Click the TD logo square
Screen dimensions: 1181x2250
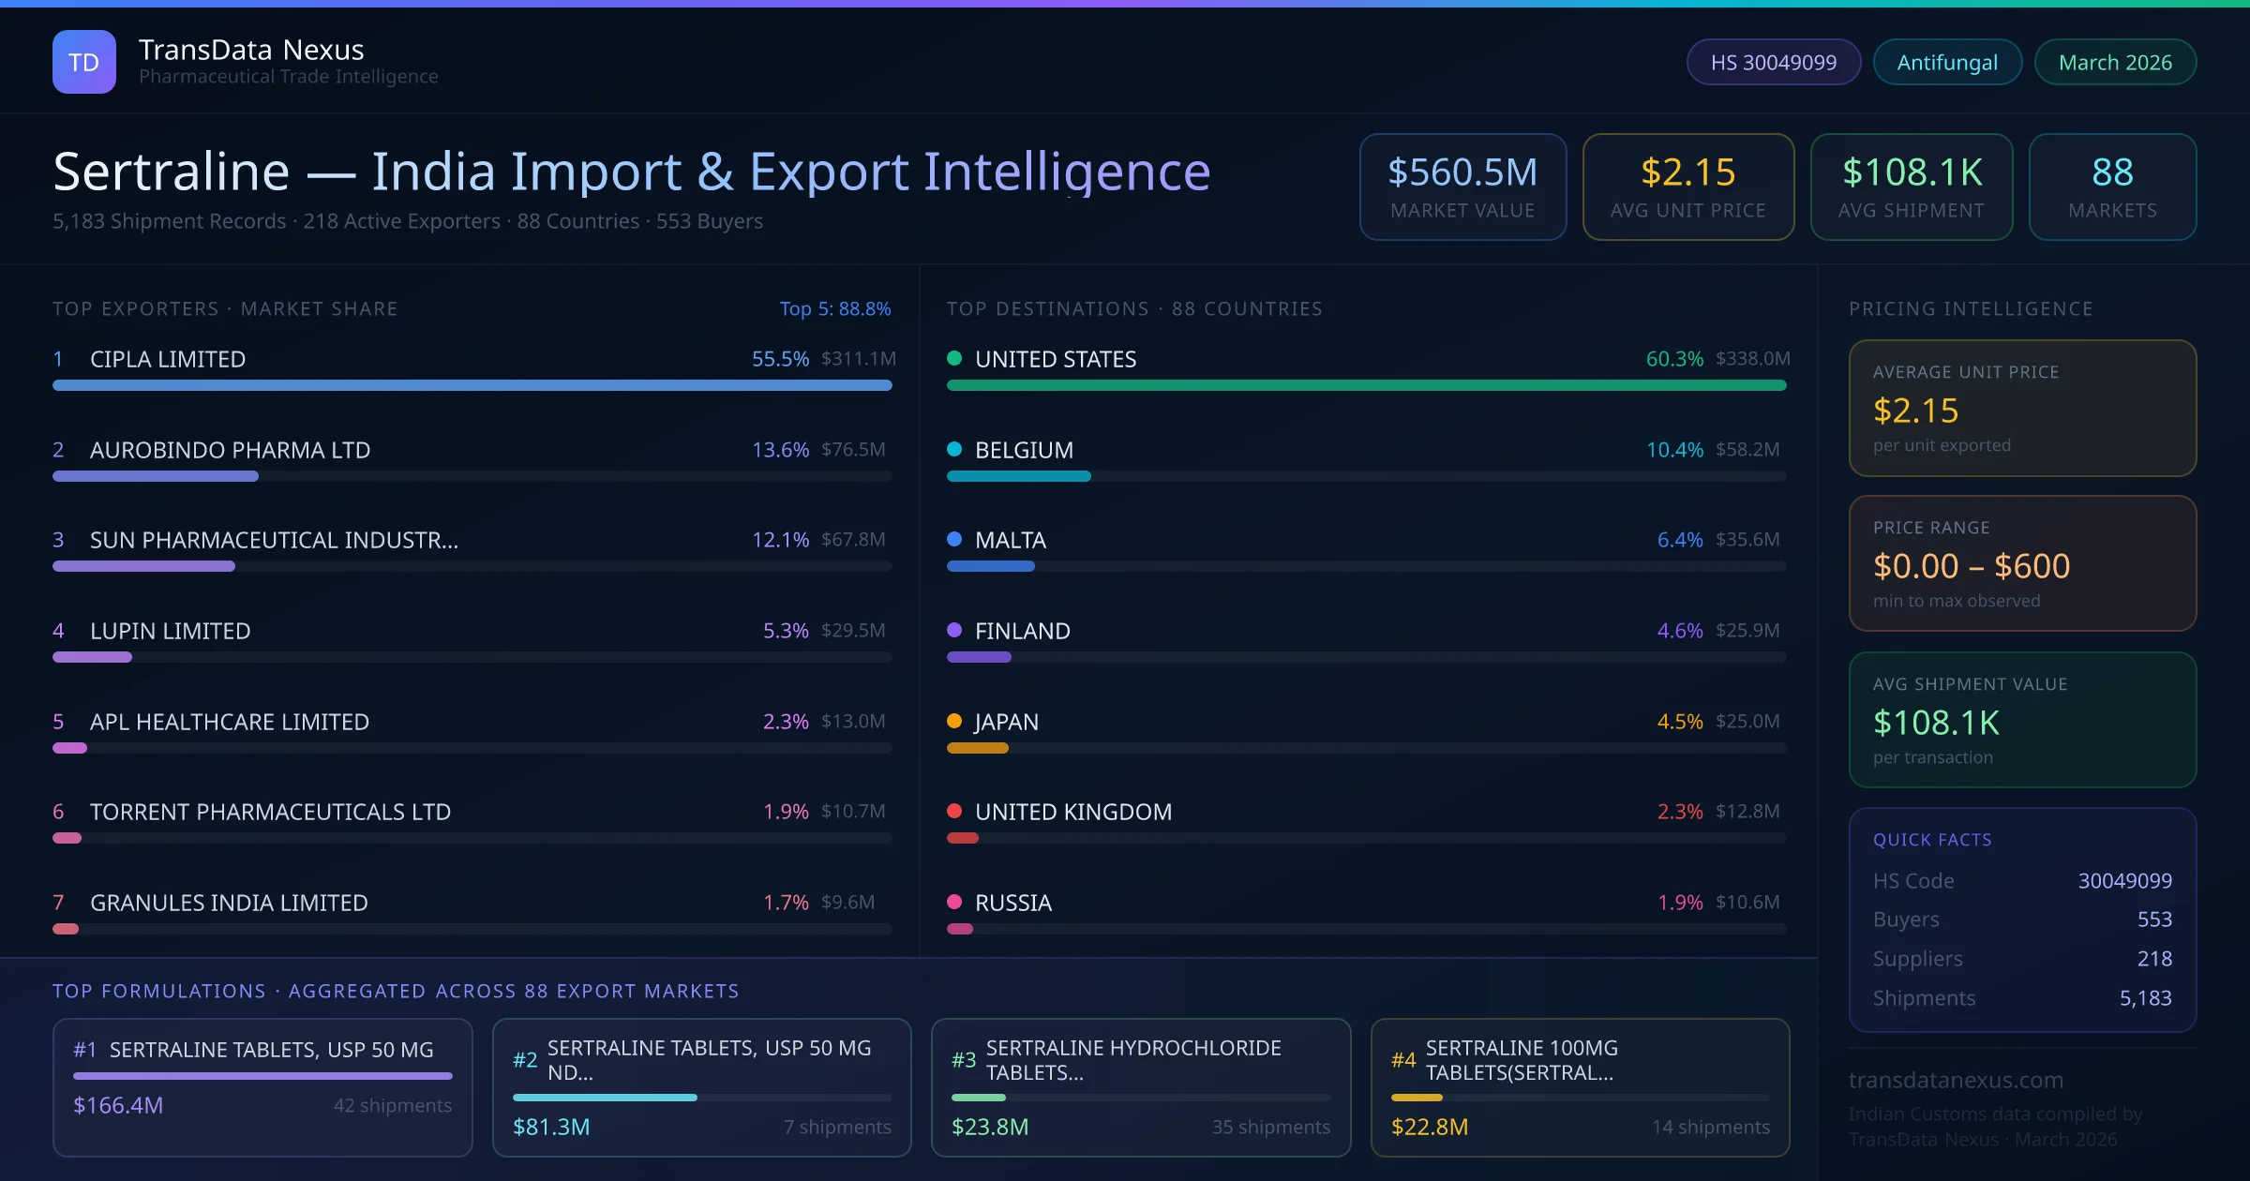coord(84,62)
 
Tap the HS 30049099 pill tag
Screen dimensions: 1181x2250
coord(1773,62)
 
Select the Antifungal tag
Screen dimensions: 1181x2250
coord(1947,62)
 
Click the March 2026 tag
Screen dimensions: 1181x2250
coord(2115,62)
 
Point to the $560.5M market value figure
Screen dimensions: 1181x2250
coord(1462,172)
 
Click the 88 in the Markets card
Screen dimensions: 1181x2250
coord(2112,172)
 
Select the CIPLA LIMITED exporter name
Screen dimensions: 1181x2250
coord(168,359)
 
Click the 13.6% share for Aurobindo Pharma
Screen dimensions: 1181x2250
coord(780,450)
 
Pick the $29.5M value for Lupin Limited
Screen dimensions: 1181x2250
coord(853,631)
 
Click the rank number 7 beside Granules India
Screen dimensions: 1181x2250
coord(58,903)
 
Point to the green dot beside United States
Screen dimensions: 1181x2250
coord(954,358)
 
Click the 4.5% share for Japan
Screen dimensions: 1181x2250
coord(1680,722)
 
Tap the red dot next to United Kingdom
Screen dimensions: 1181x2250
coord(954,811)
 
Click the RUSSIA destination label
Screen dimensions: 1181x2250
coord(1013,903)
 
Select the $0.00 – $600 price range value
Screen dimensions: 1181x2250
coord(1971,566)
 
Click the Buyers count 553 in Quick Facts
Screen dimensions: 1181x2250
coord(2154,919)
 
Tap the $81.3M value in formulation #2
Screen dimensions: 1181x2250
coord(551,1127)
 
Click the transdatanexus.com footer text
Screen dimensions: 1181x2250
coord(1956,1080)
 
